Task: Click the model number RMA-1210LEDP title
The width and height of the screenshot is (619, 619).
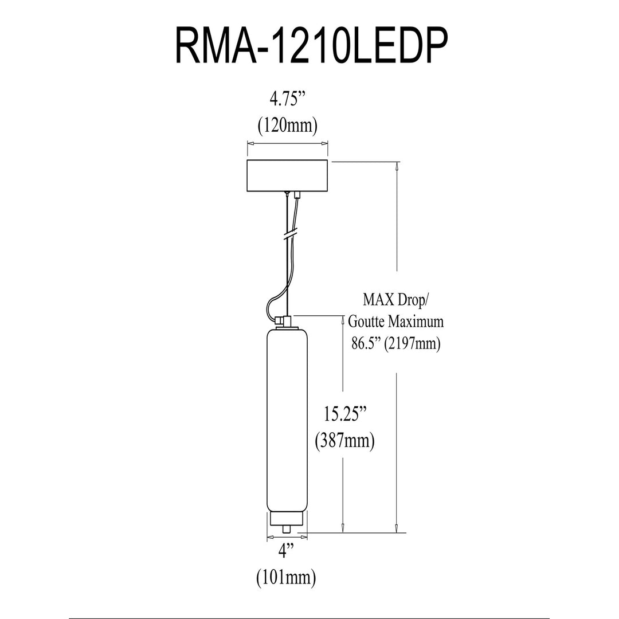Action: click(x=311, y=46)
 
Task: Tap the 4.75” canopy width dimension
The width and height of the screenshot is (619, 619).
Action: click(x=288, y=100)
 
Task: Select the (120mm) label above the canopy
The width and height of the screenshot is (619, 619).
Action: click(x=287, y=126)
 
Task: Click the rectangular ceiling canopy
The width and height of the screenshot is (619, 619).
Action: click(x=287, y=176)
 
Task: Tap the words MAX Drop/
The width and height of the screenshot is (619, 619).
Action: click(x=395, y=300)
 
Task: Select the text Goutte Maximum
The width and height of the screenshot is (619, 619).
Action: click(x=395, y=322)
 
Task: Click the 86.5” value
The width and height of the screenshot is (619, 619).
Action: click(x=366, y=343)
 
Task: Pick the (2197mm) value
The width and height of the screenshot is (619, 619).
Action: click(x=413, y=343)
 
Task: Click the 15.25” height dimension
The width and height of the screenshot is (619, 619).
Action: click(x=345, y=414)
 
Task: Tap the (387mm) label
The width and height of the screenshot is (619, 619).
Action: click(x=344, y=441)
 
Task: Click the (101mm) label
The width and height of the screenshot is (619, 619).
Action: click(x=286, y=578)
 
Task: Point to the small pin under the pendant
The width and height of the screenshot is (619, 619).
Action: click(x=287, y=529)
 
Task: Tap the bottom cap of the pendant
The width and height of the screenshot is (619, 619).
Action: click(x=287, y=519)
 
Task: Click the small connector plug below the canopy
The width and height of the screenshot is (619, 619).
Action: click(x=297, y=195)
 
